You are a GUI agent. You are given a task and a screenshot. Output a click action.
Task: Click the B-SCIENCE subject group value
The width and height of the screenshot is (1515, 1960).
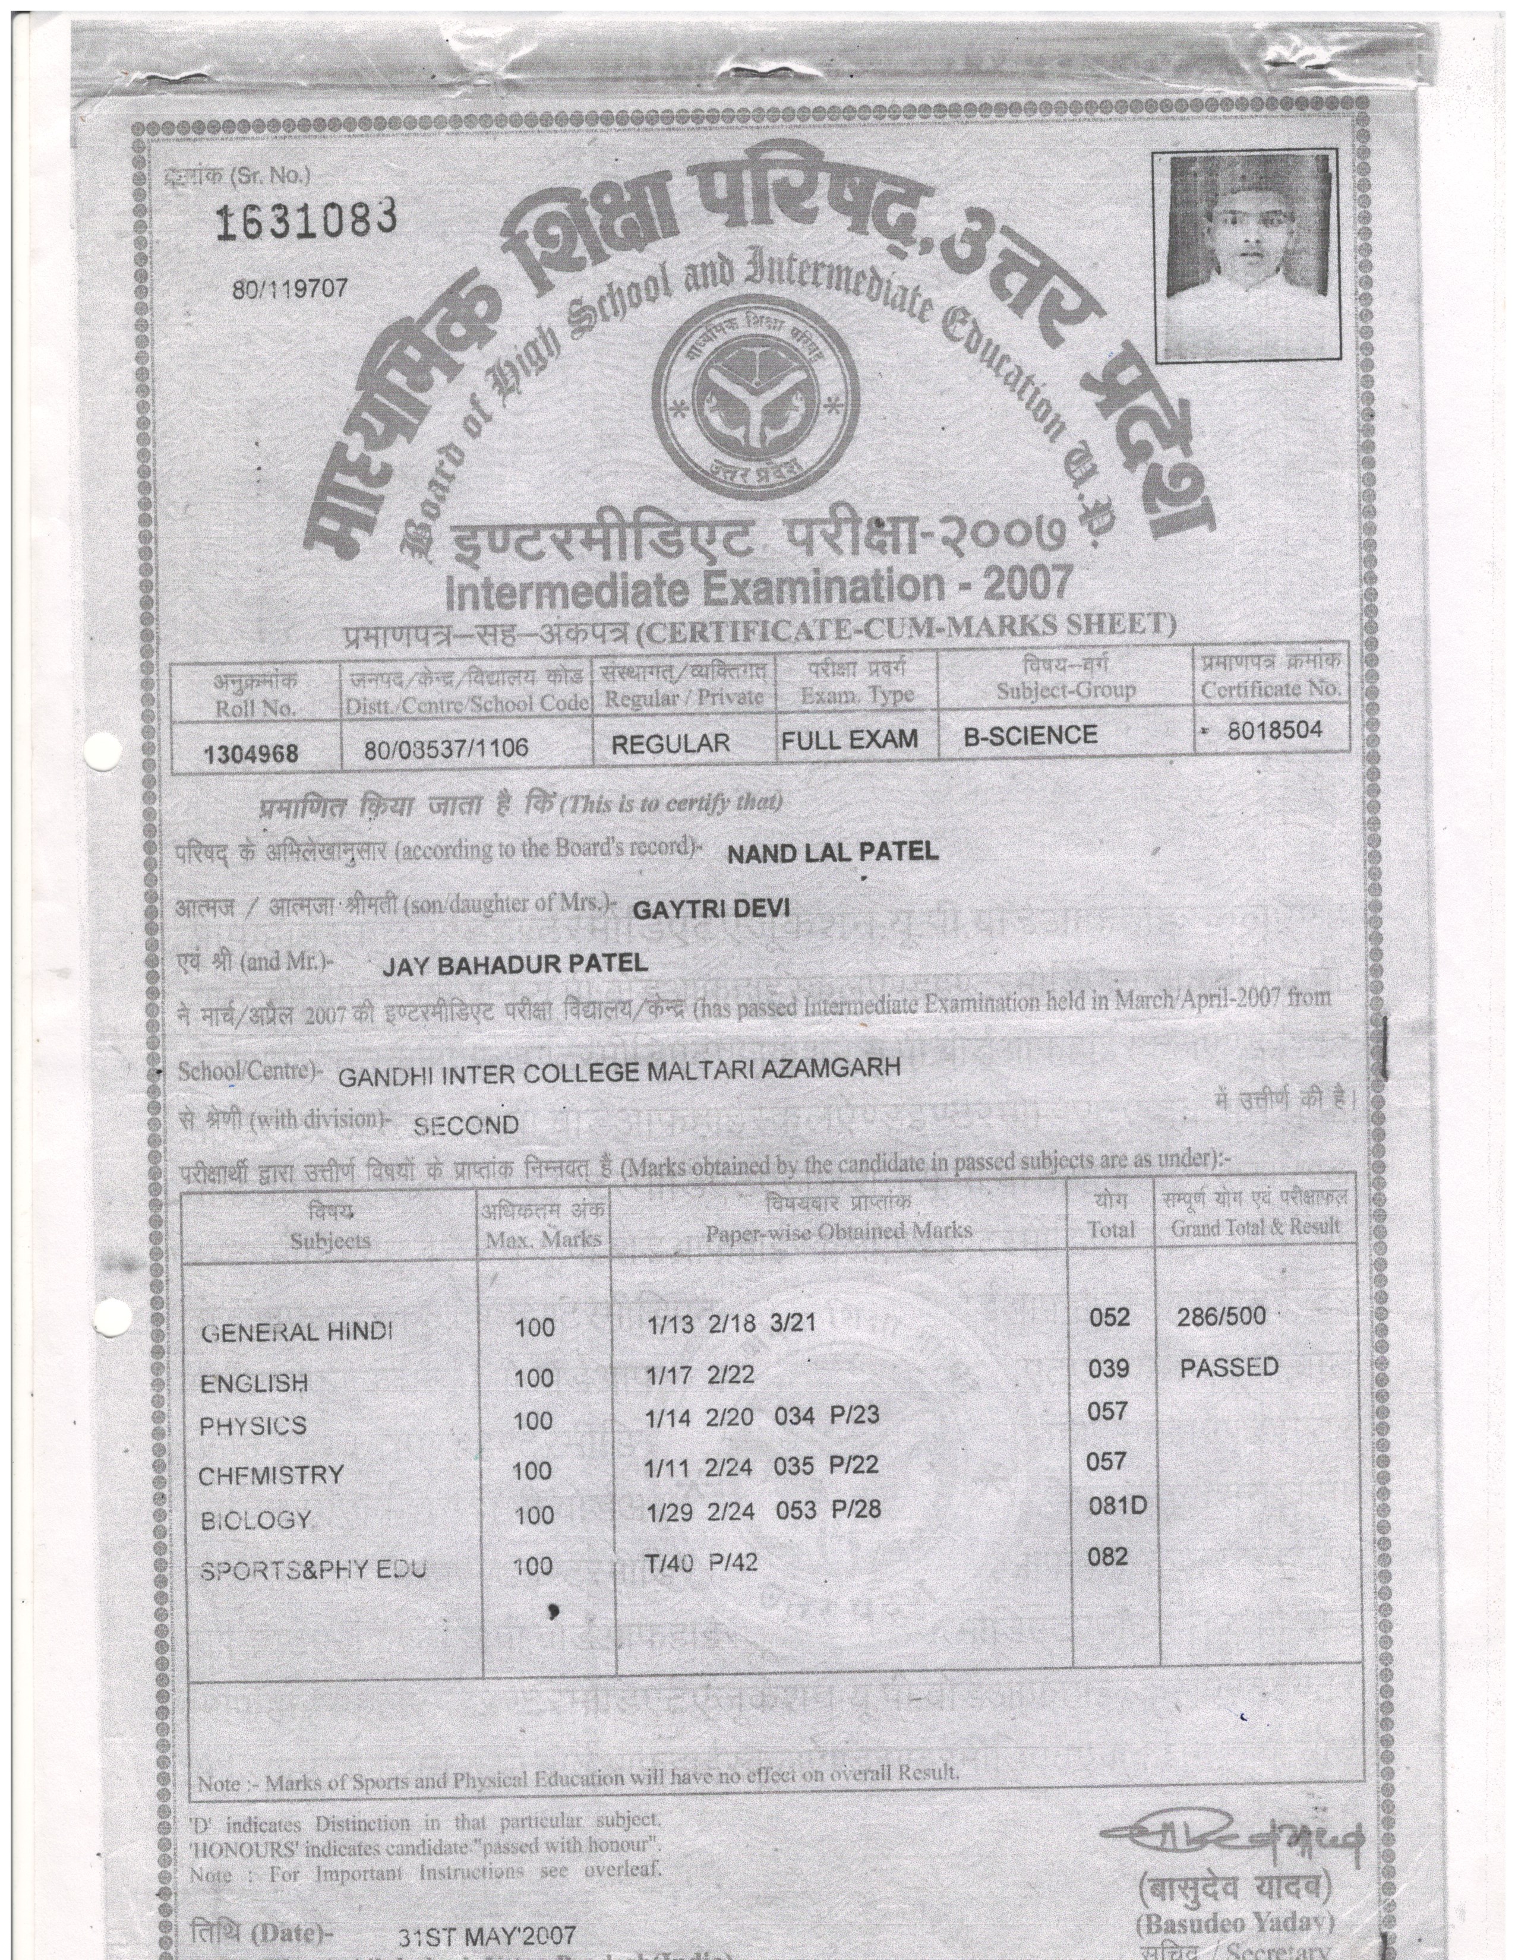[1030, 736]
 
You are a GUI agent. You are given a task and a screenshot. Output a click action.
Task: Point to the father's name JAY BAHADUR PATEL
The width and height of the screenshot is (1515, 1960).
[515, 965]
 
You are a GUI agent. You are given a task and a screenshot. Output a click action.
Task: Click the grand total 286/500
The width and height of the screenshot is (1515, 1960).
[1221, 1317]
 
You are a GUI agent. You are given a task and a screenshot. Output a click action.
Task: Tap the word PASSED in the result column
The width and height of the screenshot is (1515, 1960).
[1229, 1367]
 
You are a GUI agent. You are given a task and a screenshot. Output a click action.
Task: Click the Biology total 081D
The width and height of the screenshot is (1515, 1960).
[1118, 1505]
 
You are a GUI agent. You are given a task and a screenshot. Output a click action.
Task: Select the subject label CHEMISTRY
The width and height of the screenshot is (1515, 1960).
[271, 1475]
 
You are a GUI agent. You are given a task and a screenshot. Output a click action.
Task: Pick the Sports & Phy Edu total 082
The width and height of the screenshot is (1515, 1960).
[1107, 1556]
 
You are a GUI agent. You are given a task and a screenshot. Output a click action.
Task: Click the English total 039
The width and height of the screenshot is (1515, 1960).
[1109, 1368]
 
